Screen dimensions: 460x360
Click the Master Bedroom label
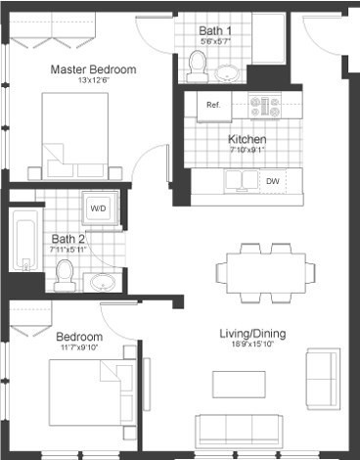[x=93, y=69]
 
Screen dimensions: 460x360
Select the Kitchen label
[x=247, y=139]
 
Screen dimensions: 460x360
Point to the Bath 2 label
[x=68, y=238]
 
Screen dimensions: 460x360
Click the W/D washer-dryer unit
[x=99, y=208]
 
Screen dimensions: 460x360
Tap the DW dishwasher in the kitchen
[x=272, y=181]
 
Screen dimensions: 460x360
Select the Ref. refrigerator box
[x=212, y=104]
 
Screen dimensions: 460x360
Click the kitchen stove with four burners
[x=265, y=104]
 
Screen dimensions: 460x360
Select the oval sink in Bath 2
[x=102, y=283]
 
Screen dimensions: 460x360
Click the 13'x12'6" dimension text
[x=93, y=81]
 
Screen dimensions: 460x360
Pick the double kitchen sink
[x=239, y=180]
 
